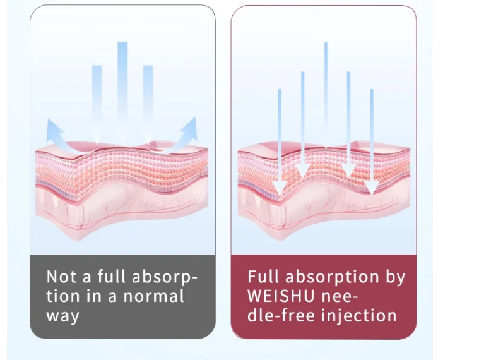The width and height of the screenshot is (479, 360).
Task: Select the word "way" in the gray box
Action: pyautogui.click(x=62, y=315)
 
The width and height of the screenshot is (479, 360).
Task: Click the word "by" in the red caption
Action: pyautogui.click(x=394, y=277)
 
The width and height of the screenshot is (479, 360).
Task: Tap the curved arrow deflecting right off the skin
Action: pyautogui.click(x=188, y=130)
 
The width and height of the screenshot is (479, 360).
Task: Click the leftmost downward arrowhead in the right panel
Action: pyautogui.click(x=280, y=186)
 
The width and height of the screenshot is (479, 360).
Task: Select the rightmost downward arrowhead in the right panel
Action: pyautogui.click(x=372, y=186)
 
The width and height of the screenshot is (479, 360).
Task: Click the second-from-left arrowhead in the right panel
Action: pyautogui.click(x=303, y=171)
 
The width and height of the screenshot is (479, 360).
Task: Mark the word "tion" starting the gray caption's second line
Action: pyautogui.click(x=63, y=296)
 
